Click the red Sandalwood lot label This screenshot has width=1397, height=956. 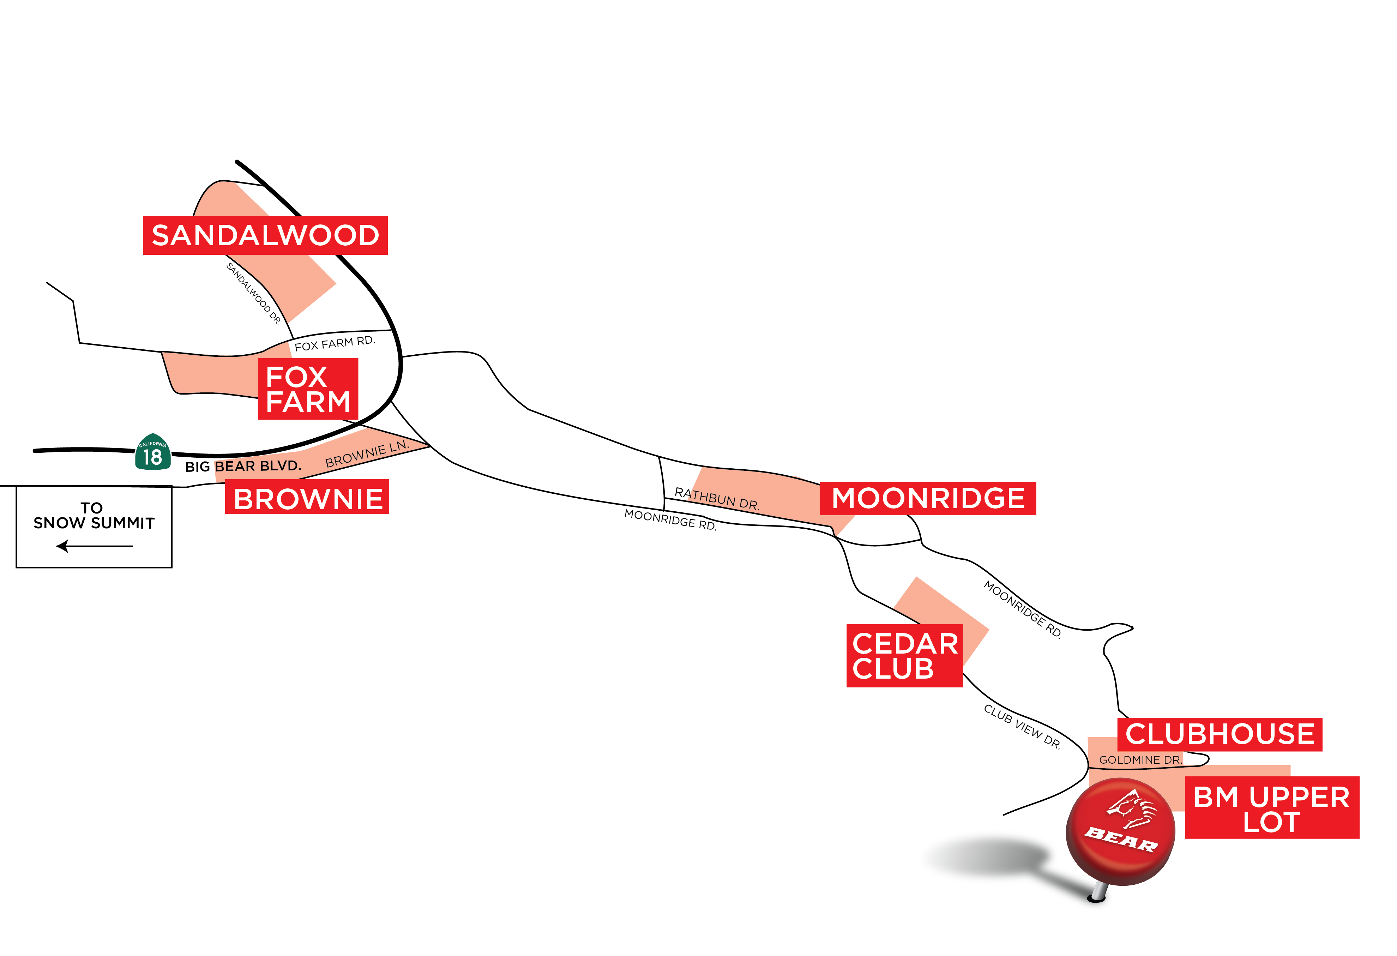click(265, 235)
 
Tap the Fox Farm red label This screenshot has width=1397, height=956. click(308, 389)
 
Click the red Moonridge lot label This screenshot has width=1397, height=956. click(928, 498)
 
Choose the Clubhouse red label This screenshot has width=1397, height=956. click(1220, 734)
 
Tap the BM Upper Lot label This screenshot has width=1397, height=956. click(1271, 807)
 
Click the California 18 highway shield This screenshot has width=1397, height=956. click(153, 452)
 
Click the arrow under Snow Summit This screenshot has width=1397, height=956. click(94, 546)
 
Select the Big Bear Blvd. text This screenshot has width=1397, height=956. click(243, 466)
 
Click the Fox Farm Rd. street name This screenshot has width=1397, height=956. click(334, 343)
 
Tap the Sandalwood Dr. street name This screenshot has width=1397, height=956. click(254, 293)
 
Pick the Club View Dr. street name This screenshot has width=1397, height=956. click(1022, 726)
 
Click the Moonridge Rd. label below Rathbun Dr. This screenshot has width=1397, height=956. click(670, 519)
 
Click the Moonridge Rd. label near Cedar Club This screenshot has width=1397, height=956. click(1022, 608)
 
